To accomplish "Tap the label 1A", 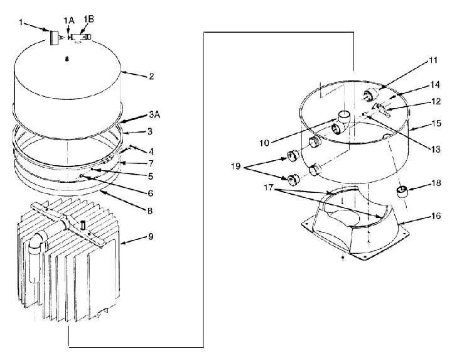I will click(69, 21).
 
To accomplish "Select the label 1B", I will click(89, 19).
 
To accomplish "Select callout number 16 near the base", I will click(419, 215).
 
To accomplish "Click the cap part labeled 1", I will click(53, 37).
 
